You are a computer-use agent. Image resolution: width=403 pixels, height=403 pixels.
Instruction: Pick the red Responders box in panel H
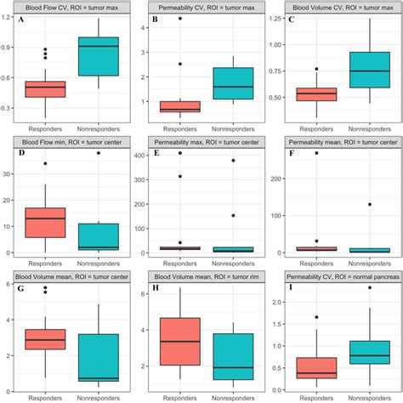pos(180,341)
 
